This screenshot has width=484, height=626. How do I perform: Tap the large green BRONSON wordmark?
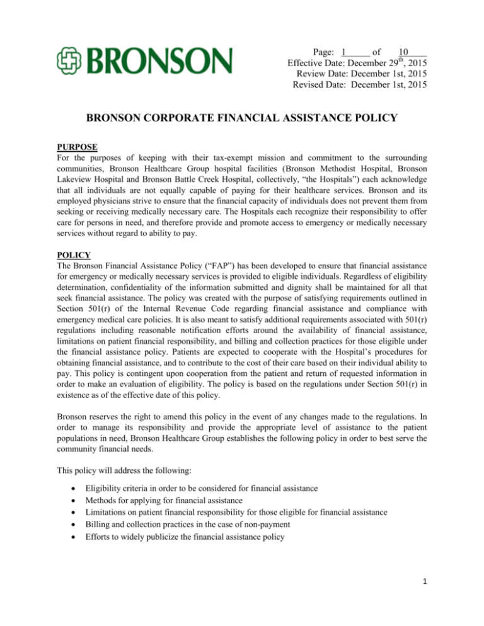(x=161, y=60)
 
